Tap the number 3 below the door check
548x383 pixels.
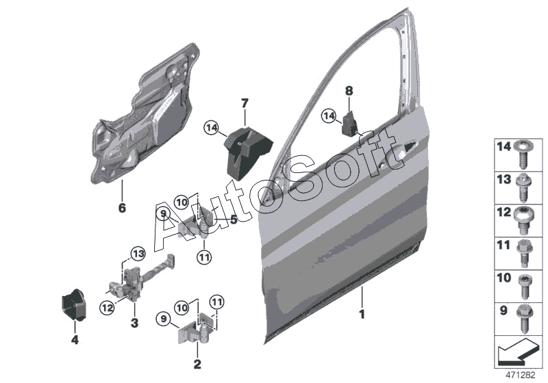[x=134, y=322]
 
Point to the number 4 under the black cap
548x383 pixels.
[x=75, y=339]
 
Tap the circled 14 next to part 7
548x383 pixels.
[x=211, y=127]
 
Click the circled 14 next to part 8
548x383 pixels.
[x=329, y=117]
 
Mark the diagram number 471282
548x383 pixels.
[x=520, y=375]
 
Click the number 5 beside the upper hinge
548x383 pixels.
[x=234, y=220]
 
